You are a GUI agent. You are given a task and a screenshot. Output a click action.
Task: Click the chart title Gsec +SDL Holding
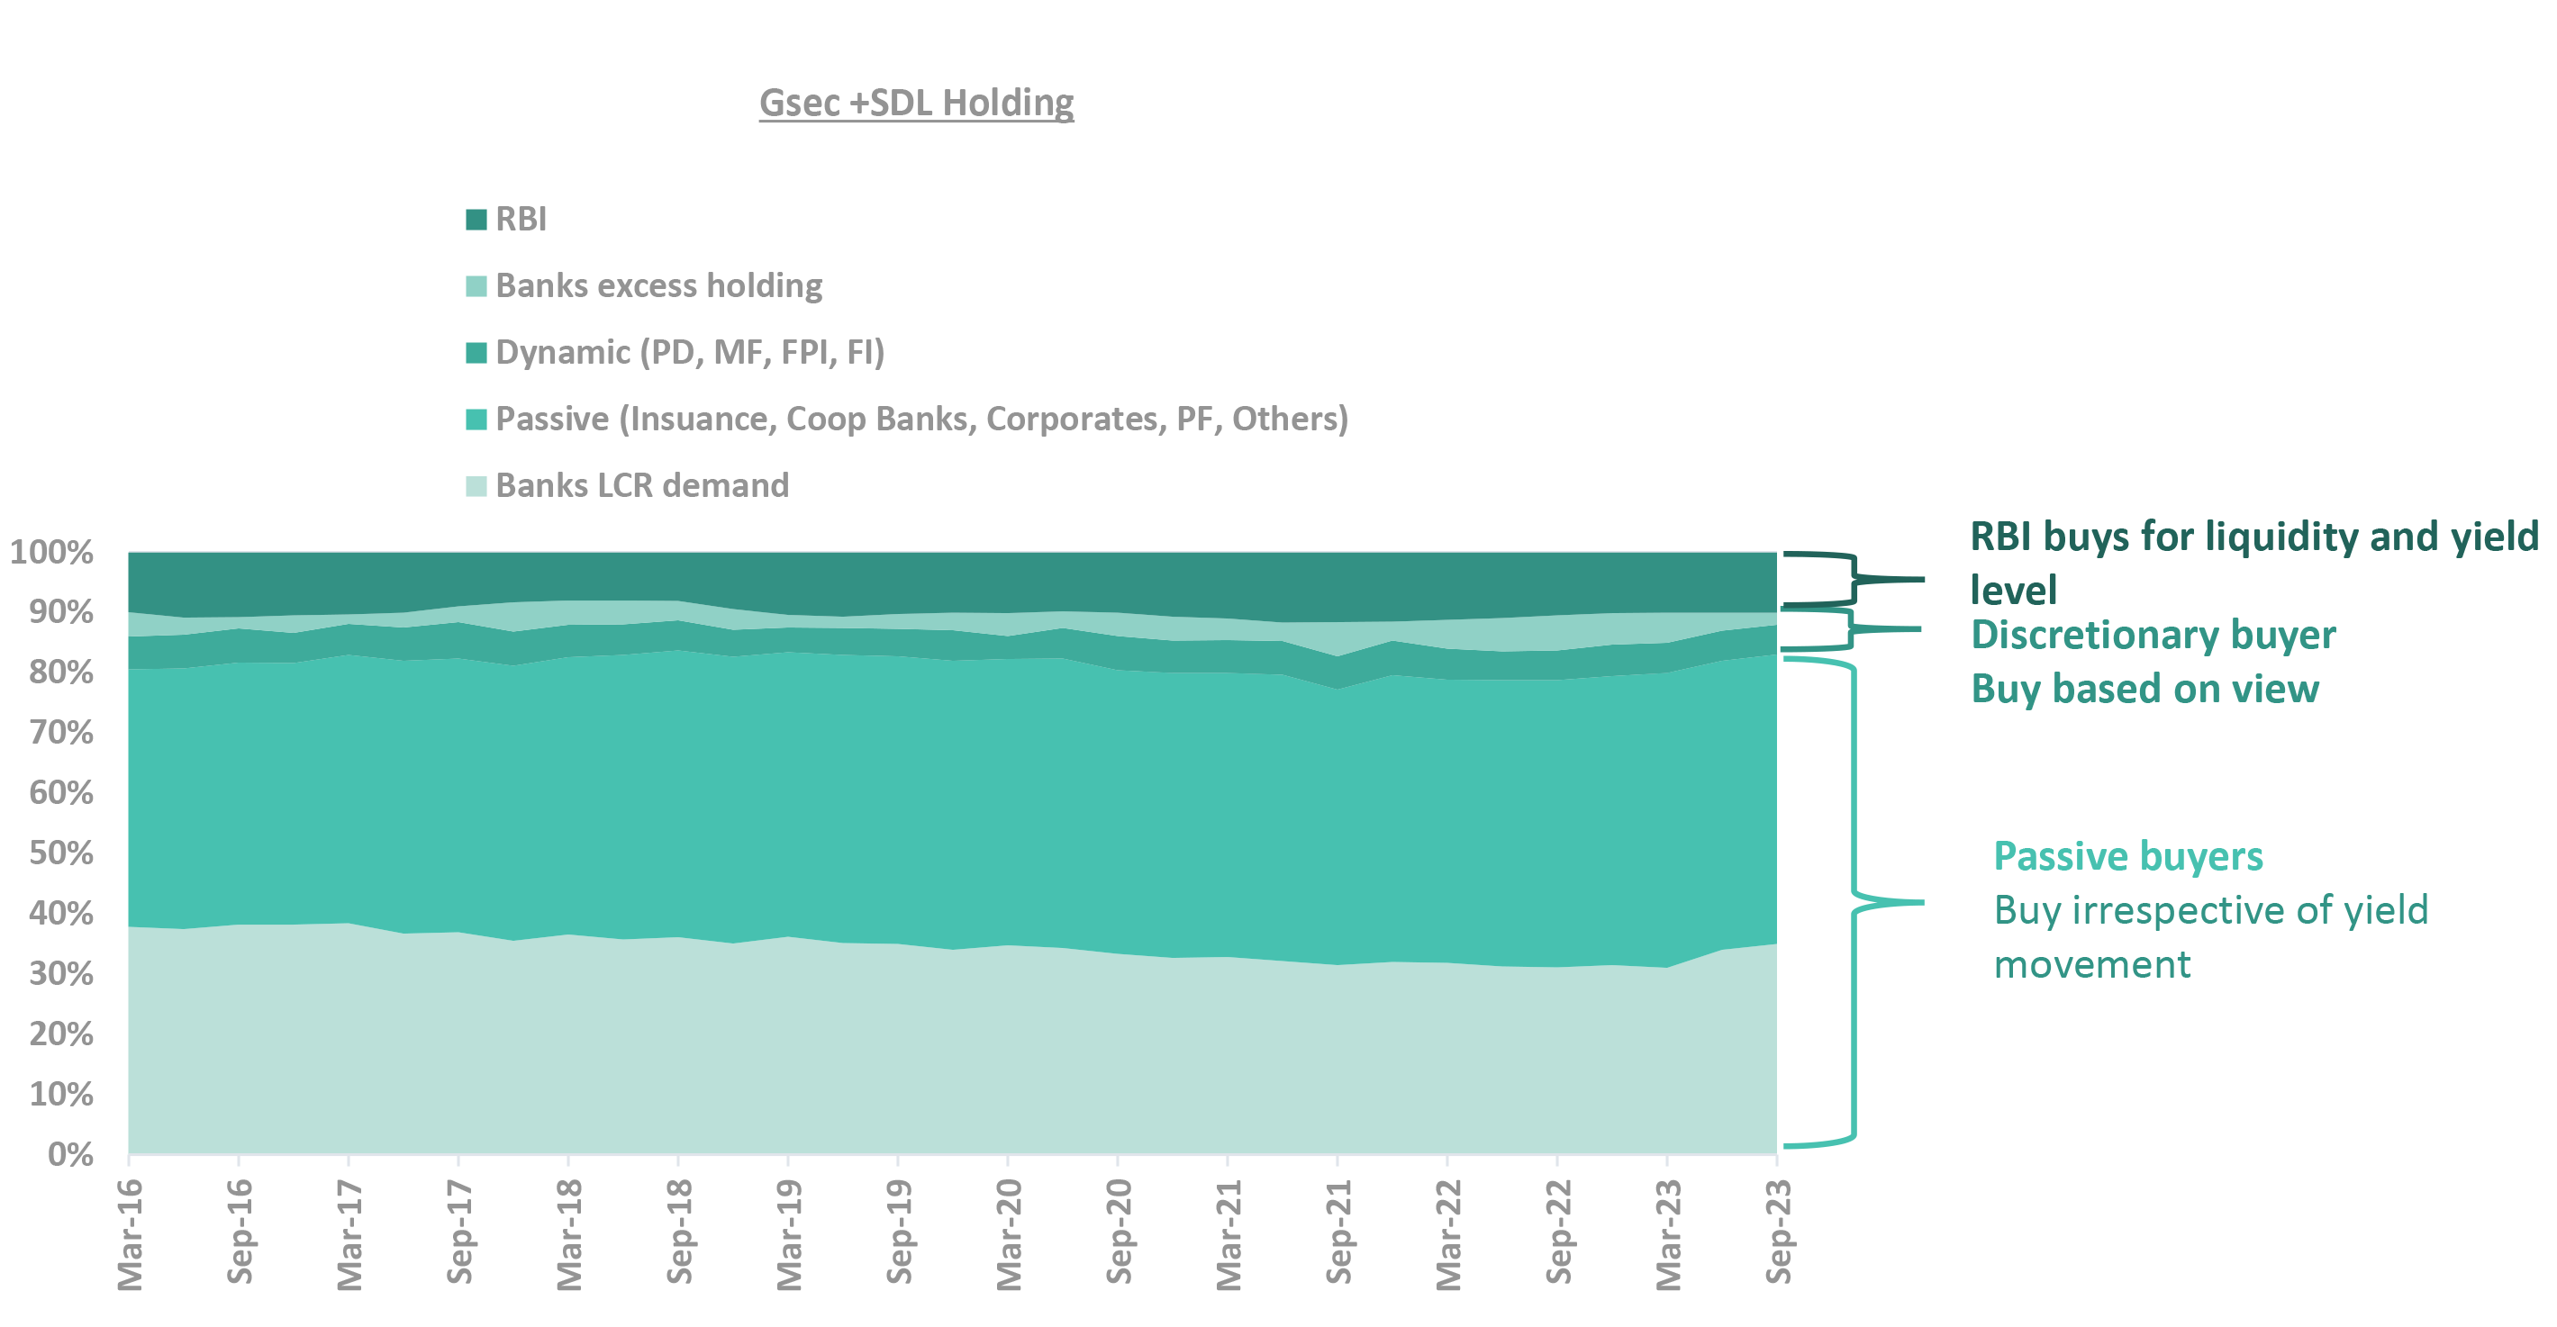click(x=915, y=104)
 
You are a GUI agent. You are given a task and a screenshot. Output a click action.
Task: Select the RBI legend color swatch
click(x=476, y=220)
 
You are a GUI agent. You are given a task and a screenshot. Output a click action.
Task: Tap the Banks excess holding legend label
click(x=658, y=286)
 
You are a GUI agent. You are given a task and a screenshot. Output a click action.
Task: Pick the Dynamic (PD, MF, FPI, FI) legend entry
click(x=689, y=352)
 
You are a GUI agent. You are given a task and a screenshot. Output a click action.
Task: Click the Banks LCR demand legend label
click(x=641, y=485)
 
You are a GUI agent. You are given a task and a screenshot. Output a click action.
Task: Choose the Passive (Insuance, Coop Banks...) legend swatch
click(x=476, y=419)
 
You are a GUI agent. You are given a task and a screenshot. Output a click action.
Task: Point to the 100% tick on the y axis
click(x=51, y=552)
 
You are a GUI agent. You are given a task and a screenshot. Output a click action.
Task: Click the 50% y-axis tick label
click(x=60, y=853)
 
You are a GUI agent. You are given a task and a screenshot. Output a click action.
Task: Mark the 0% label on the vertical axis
click(x=70, y=1153)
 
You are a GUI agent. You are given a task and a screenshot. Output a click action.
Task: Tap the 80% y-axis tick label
click(x=60, y=672)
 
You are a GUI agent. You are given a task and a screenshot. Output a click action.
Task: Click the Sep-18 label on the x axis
click(x=679, y=1231)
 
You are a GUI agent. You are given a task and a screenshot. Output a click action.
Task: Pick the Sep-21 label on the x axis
click(x=1338, y=1231)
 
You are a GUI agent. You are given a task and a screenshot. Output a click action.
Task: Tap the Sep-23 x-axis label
click(x=1778, y=1231)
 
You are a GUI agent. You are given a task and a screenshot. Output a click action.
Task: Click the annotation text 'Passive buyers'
click(x=2127, y=855)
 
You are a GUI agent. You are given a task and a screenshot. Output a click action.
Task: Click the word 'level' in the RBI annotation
click(x=2012, y=591)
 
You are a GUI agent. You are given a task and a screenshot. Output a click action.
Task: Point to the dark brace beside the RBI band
click(x=1853, y=579)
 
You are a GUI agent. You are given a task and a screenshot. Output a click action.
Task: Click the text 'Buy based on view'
click(x=2144, y=689)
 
